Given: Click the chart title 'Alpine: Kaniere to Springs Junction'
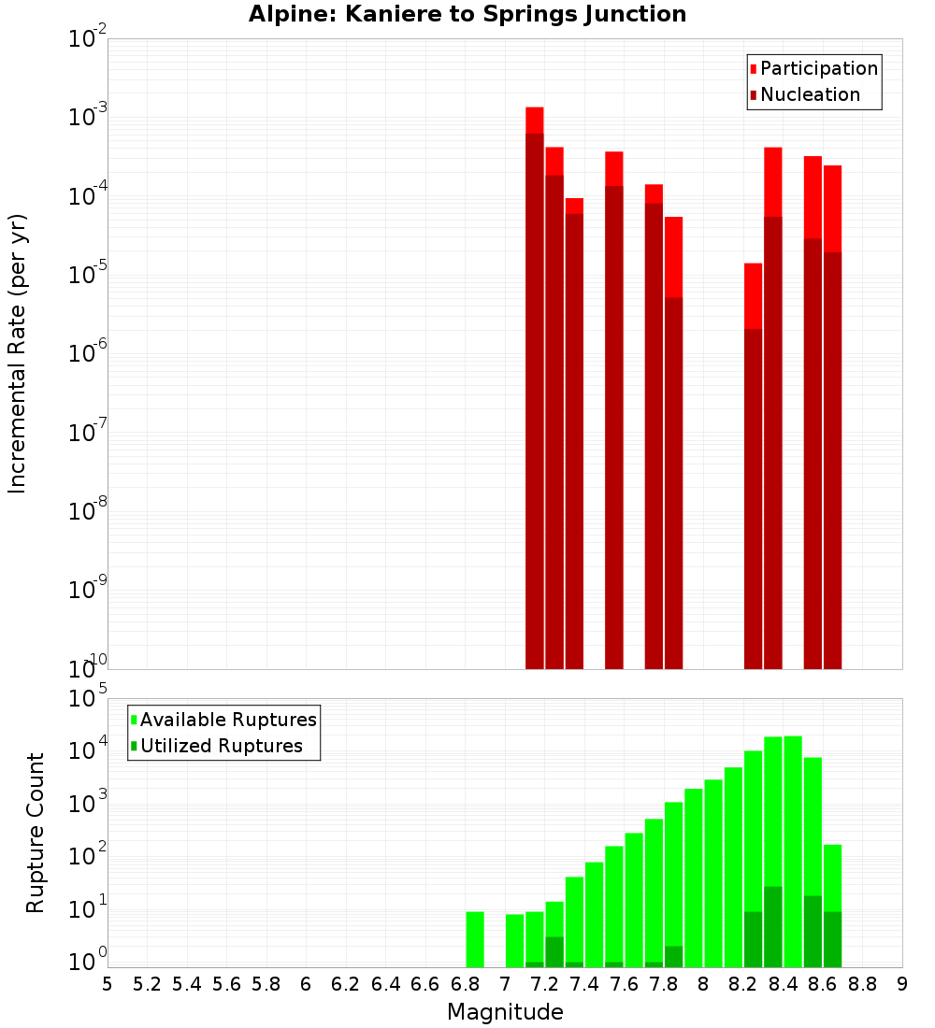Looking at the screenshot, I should [x=467, y=14].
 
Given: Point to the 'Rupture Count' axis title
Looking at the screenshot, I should [x=36, y=833].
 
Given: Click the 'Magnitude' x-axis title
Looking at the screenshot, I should [x=505, y=1012].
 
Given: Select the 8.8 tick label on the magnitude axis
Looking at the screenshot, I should [x=862, y=984].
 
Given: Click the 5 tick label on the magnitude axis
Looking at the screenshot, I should [x=108, y=984].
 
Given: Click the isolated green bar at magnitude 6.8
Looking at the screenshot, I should [x=475, y=939].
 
